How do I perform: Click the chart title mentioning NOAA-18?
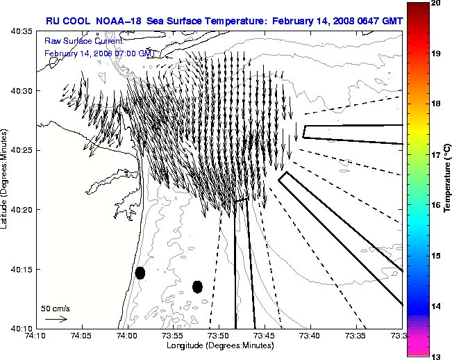coord(220,22)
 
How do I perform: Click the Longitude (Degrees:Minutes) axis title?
coord(218,346)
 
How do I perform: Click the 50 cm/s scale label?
coord(56,308)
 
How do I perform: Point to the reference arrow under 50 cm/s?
coord(56,319)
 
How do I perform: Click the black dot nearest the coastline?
coord(140,272)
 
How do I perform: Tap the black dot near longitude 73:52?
coord(197,286)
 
